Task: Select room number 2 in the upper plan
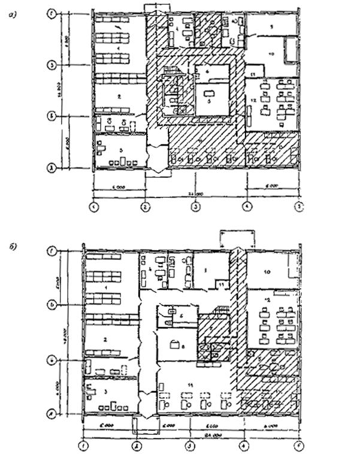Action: click(119, 95)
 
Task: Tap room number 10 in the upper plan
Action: click(271, 55)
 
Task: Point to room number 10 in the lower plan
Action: click(268, 272)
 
